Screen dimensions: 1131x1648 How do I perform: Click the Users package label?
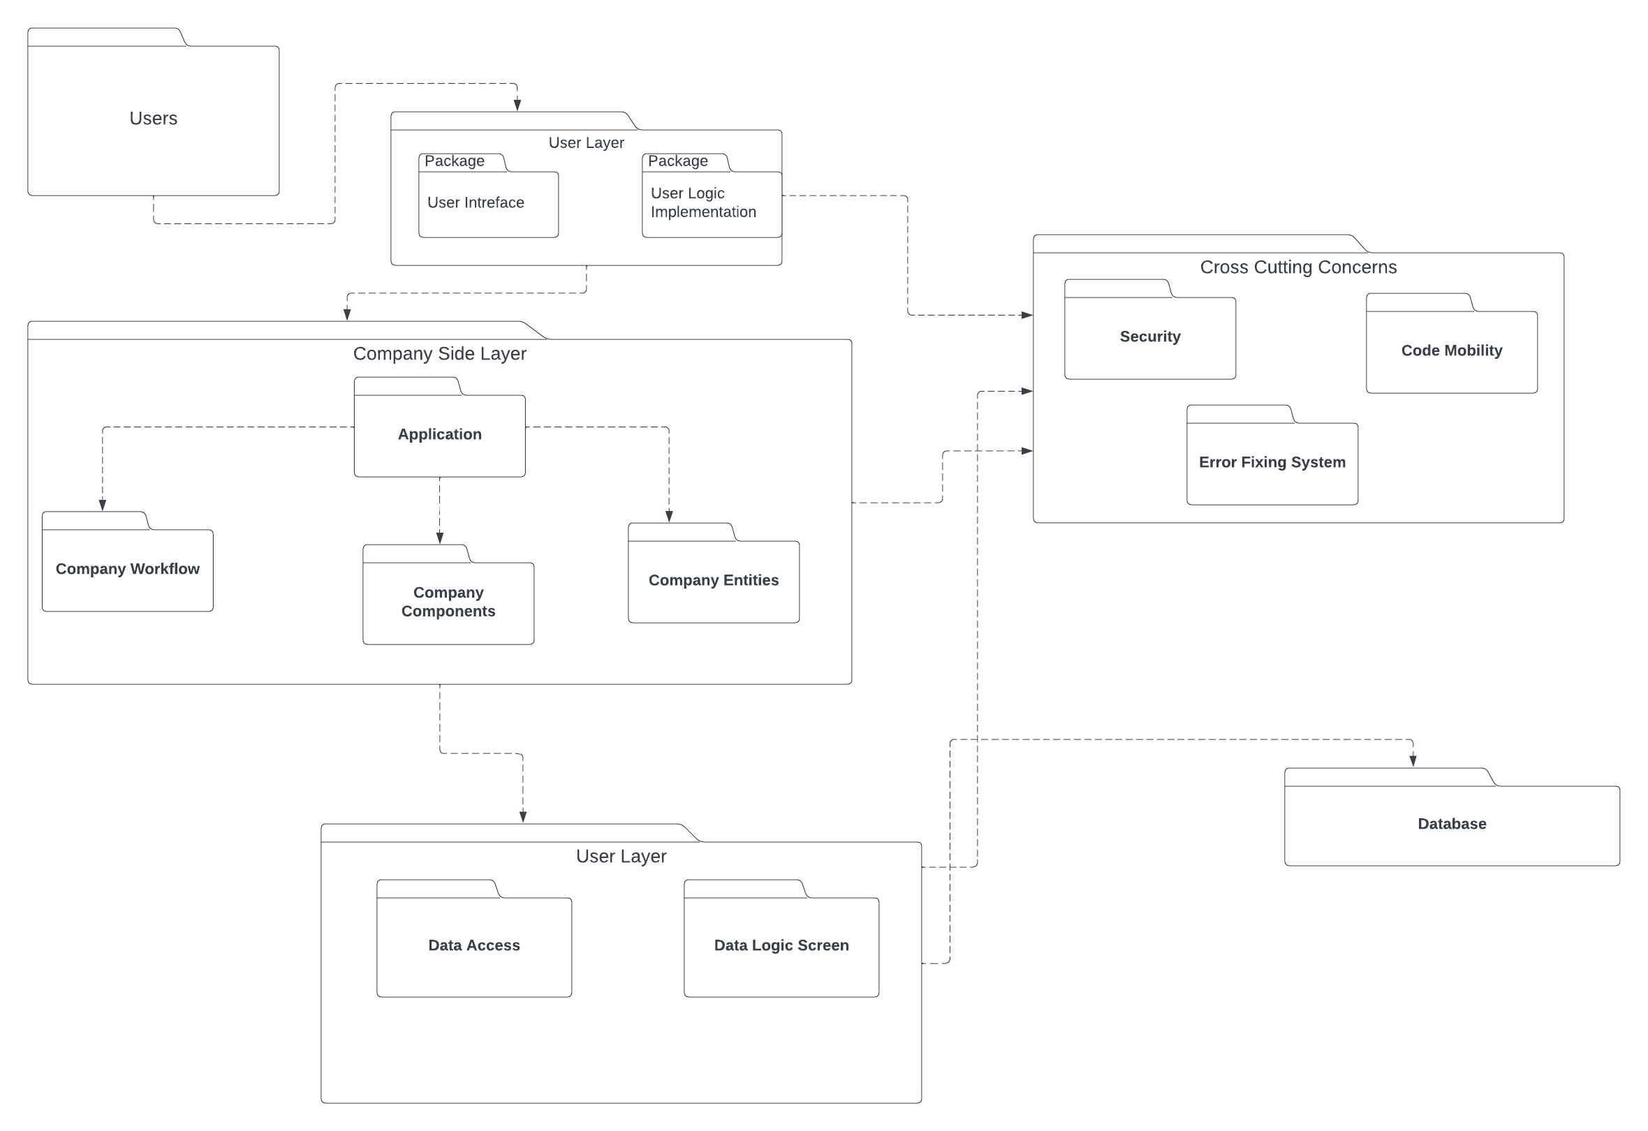153,119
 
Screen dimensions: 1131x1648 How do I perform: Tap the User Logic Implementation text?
702,202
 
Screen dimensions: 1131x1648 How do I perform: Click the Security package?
1149,337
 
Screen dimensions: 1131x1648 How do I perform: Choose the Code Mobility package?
1451,351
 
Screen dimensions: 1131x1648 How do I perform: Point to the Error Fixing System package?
1272,462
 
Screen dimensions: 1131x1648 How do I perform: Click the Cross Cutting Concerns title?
1297,267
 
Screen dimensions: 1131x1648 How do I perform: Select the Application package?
439,435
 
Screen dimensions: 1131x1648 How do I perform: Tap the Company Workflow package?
128,570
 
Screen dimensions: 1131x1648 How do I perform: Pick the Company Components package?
448,602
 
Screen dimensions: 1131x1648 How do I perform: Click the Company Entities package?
714,581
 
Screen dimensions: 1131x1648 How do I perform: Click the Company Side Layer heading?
439,354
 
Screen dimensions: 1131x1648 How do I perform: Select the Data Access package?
473,946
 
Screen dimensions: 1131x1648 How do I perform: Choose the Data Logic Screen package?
781,946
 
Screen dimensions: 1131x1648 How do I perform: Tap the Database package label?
1452,824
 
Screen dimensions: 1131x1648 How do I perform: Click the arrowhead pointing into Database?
1413,761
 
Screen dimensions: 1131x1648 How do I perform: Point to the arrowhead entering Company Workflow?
102,505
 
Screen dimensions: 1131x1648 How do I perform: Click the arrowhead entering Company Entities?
669,516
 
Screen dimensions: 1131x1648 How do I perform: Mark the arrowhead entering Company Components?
440,538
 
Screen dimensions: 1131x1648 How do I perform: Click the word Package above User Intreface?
455,162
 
